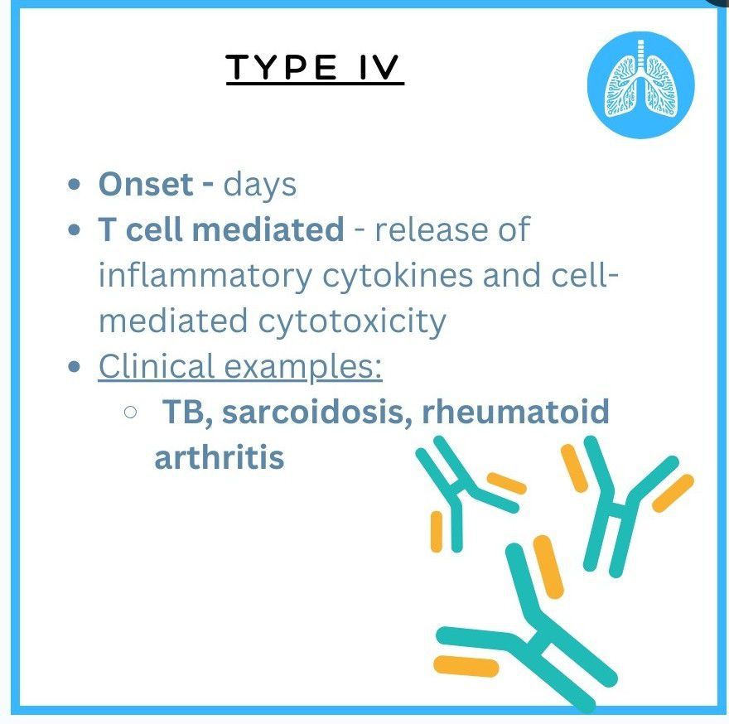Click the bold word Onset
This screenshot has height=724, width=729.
pos(146,184)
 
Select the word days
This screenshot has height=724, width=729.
pos(259,185)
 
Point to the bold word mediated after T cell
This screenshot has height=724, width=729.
pos(268,229)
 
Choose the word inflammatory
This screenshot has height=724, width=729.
pos(205,276)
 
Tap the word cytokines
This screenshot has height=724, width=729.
pos(398,276)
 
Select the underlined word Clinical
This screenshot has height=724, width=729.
pos(157,366)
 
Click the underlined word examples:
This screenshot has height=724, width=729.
pos(303,367)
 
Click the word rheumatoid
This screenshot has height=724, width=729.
pos(515,412)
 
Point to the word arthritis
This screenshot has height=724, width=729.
pos(219,457)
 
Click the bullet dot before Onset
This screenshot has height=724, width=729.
pos(75,184)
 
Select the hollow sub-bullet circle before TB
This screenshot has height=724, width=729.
pos(131,412)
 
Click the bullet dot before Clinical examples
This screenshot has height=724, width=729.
pos(75,367)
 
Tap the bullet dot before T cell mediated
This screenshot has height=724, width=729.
pos(75,229)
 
